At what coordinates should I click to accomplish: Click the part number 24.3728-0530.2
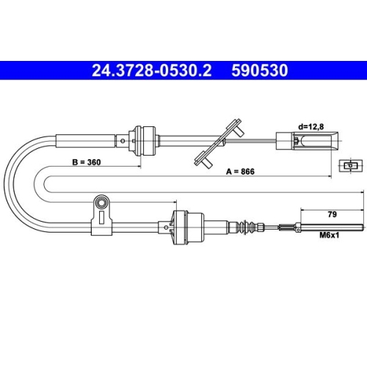point(151,70)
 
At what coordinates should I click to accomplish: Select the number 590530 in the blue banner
point(260,70)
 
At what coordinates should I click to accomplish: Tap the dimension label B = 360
point(87,162)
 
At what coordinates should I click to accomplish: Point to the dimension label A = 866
point(240,172)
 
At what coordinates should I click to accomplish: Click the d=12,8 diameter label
point(311,127)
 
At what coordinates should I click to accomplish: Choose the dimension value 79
point(332,214)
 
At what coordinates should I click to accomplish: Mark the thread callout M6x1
point(330,236)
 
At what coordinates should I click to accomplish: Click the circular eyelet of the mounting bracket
point(101,203)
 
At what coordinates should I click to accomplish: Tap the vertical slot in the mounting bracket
point(101,217)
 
